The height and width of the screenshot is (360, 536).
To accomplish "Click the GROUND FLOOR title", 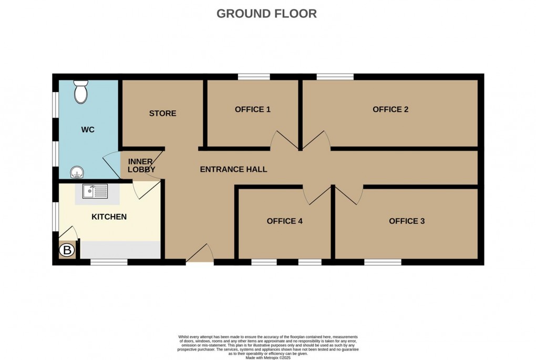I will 266,14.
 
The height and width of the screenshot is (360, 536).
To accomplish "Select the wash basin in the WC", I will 77,172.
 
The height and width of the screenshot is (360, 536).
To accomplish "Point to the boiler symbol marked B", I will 67,251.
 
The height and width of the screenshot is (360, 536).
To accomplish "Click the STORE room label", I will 162,114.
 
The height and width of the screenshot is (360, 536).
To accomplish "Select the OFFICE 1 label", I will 252,109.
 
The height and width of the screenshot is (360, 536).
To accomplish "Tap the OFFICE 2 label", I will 390,109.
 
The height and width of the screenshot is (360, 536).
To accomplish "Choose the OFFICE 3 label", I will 407,221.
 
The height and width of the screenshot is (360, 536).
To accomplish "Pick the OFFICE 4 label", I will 284,221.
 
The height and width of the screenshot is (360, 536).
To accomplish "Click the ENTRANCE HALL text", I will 233,169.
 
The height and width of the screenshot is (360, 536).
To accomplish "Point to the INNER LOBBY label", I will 141,166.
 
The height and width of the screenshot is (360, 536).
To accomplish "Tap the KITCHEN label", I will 109,217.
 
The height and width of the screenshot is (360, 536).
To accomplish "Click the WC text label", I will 88,130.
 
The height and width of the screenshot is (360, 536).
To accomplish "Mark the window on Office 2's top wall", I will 335,77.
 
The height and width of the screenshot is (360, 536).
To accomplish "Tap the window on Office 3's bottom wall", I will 383,262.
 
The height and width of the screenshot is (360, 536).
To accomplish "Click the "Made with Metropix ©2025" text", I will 267,357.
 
